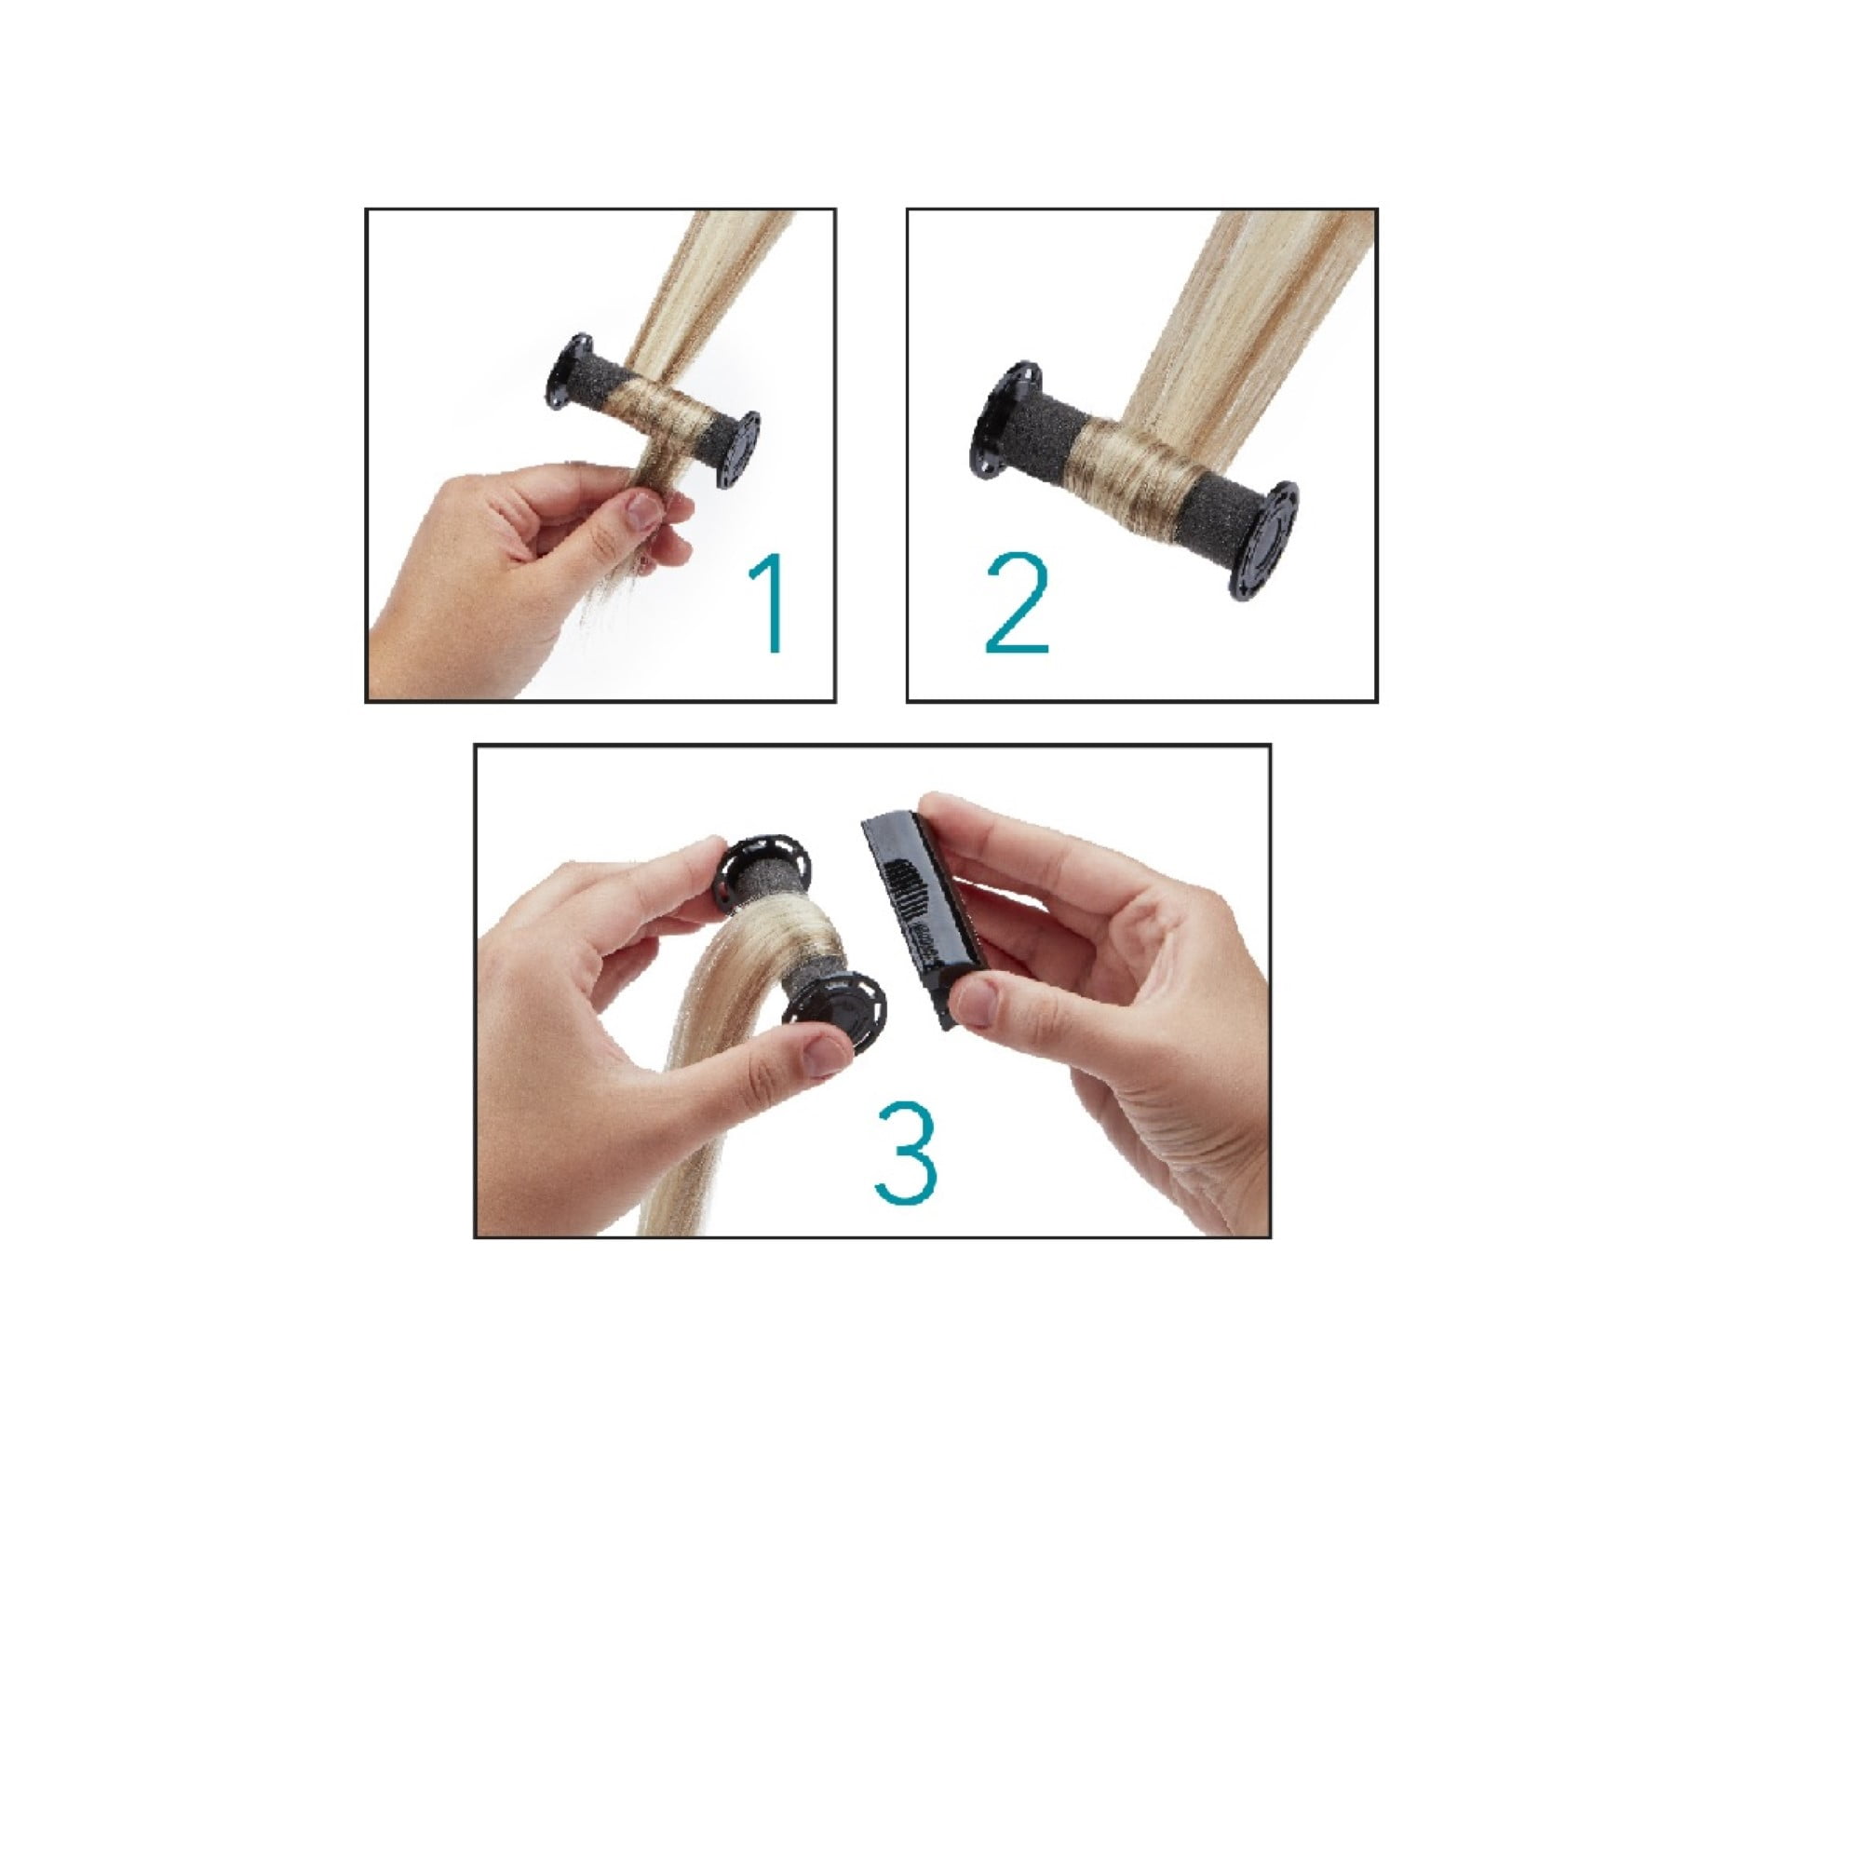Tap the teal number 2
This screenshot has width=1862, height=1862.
click(1016, 604)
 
